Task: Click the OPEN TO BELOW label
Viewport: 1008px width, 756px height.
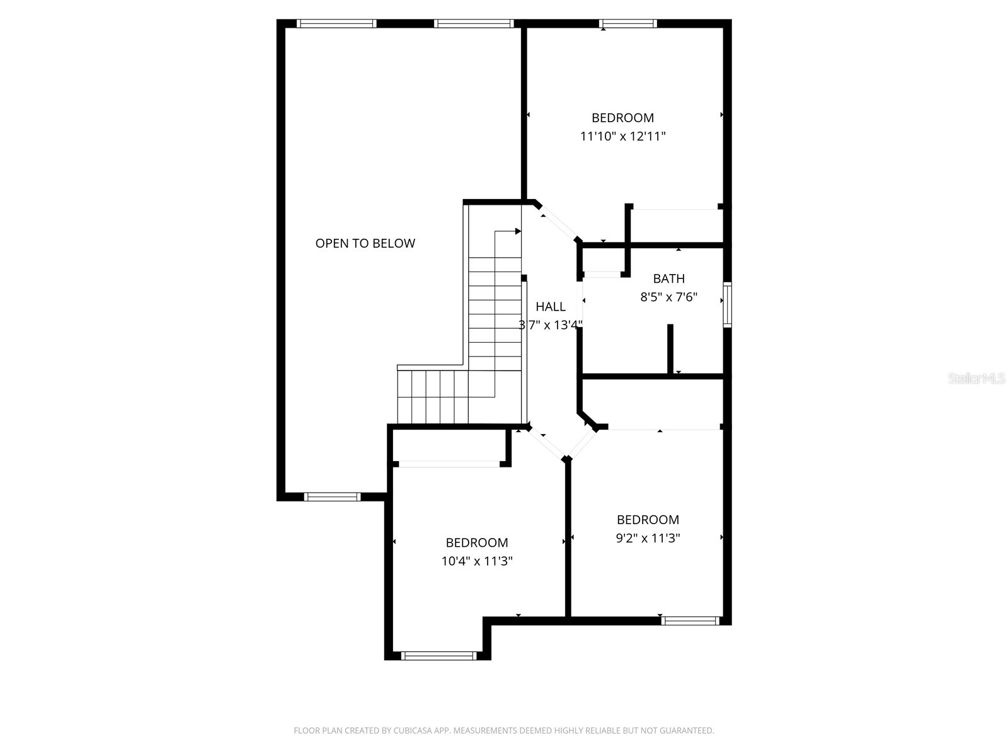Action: tap(365, 243)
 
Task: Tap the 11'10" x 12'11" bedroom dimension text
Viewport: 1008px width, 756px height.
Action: tap(622, 136)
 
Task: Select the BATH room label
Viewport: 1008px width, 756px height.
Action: tap(668, 278)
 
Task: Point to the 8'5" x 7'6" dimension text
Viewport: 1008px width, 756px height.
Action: tap(668, 297)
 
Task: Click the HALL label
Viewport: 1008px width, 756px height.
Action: tap(550, 307)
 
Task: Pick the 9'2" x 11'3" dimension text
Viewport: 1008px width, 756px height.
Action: tap(648, 538)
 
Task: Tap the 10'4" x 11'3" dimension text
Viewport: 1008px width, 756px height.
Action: tap(476, 561)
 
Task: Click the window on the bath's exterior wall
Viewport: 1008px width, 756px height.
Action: tap(727, 305)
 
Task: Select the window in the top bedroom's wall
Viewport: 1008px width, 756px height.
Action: tap(627, 24)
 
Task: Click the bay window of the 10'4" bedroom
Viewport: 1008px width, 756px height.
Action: tap(438, 656)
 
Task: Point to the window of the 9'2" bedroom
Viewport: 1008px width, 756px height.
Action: tap(690, 621)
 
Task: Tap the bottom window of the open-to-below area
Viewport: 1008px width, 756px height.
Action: tap(332, 496)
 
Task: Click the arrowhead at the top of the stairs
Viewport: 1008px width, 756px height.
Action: tap(518, 231)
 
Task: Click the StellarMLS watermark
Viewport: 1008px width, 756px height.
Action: tap(976, 379)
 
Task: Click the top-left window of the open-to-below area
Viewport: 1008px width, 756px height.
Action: tap(336, 24)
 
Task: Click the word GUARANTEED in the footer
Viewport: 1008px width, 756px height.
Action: tap(688, 731)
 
